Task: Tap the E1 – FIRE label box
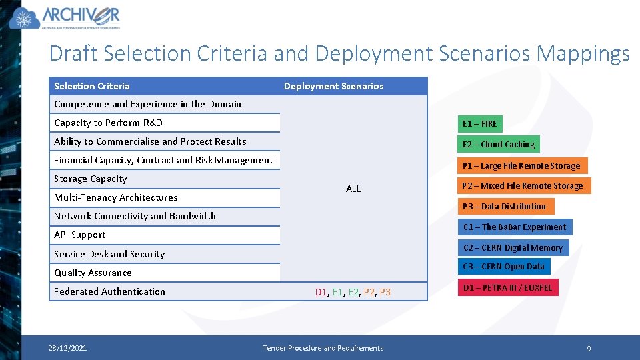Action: coord(479,124)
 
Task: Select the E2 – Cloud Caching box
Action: coord(498,145)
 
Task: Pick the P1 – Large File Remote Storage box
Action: coord(521,165)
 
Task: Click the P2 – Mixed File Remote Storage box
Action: coord(523,186)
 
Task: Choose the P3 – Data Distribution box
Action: coord(505,207)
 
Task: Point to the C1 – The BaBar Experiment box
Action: coord(514,227)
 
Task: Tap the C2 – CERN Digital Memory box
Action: coord(513,248)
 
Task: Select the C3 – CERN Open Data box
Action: coord(504,267)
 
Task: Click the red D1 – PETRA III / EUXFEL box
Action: coord(507,288)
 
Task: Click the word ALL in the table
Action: coord(353,189)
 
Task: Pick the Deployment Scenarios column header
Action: coord(333,86)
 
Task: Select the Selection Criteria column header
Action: coord(92,86)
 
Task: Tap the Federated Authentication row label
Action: coord(109,291)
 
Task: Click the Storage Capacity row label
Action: coord(90,179)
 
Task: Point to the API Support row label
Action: coord(79,235)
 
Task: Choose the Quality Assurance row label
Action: coord(93,273)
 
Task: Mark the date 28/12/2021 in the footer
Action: coord(67,348)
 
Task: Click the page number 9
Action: coord(589,349)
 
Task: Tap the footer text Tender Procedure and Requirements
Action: coord(323,348)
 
